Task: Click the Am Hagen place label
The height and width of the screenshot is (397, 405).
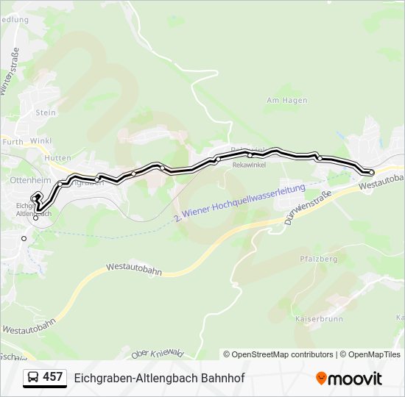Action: (x=286, y=100)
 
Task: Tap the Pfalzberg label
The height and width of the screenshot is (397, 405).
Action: (x=319, y=260)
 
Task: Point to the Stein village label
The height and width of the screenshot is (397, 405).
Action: (x=46, y=112)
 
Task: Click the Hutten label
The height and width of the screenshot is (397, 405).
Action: (x=57, y=158)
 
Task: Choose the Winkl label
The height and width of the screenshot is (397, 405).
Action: (x=41, y=141)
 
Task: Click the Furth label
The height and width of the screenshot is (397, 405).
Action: (x=13, y=141)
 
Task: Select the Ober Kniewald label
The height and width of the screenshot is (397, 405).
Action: (x=157, y=354)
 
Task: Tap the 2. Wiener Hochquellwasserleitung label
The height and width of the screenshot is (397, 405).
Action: (x=240, y=204)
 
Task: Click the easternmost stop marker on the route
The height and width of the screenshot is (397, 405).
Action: (x=371, y=172)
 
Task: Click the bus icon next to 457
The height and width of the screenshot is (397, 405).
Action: (x=32, y=378)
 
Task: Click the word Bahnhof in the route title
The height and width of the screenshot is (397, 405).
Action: (x=222, y=378)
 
